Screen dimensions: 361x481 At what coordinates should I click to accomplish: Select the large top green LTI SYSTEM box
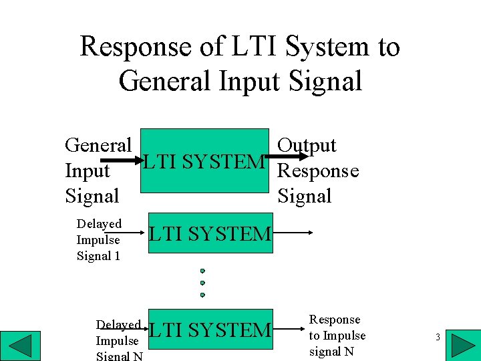(204, 161)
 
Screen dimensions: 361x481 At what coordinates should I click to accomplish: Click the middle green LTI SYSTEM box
(210, 233)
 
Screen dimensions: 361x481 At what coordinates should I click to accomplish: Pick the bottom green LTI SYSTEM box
(210, 330)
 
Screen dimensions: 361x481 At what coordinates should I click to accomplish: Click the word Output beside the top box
(307, 146)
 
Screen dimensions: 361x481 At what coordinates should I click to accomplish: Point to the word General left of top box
(98, 146)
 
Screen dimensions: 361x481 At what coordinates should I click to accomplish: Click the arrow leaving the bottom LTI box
(288, 330)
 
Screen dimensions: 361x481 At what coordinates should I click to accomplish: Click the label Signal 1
(98, 255)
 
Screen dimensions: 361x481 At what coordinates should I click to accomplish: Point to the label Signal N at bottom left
(120, 356)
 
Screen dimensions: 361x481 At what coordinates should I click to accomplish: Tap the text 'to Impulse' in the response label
(337, 336)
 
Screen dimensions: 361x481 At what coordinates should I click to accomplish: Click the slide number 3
(438, 338)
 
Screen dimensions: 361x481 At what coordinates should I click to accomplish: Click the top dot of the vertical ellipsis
(202, 271)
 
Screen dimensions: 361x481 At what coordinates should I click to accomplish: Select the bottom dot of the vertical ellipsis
(202, 294)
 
